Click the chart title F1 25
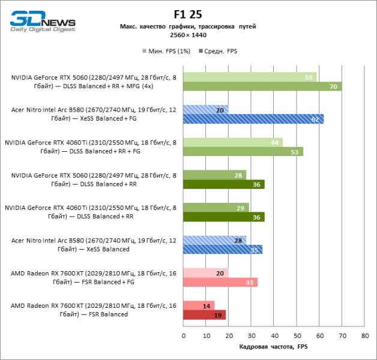coord(188,14)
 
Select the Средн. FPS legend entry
coord(221,51)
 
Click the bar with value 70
coord(262,86)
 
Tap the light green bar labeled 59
coord(250,77)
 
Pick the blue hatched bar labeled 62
coord(253,119)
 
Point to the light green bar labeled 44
coord(233,142)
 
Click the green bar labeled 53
coord(243,151)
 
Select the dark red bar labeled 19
coord(205,314)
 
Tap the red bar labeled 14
coord(199,305)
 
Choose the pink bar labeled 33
coord(220,282)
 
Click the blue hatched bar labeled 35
coord(223,249)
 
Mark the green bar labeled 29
coord(216,208)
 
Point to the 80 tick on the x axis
coord(364,335)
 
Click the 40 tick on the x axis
coord(274,335)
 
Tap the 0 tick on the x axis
coord(184,335)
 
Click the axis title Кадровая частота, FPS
coord(273,347)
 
